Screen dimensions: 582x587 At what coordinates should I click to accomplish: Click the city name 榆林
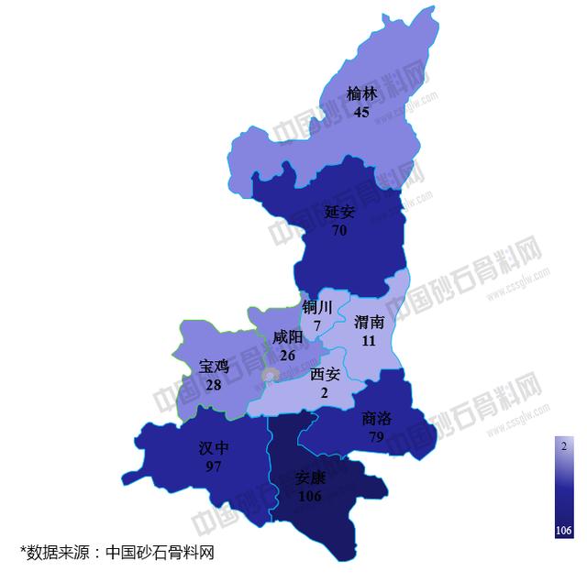(x=362, y=93)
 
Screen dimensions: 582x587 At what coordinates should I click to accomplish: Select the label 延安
(x=339, y=212)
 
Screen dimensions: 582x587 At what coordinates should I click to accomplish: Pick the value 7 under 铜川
(x=316, y=325)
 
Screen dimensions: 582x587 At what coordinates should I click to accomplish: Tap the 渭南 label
(x=369, y=322)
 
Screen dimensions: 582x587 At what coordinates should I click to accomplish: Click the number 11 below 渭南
(x=369, y=340)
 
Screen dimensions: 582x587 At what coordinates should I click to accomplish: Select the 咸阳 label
(x=288, y=337)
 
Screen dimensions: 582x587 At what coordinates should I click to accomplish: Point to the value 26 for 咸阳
(x=288, y=355)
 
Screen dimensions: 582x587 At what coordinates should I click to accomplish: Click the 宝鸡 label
(x=214, y=367)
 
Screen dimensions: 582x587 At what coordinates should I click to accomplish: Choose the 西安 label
(x=326, y=374)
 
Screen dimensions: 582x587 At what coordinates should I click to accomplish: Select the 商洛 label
(x=377, y=418)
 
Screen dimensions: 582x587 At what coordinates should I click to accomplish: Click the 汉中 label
(x=214, y=448)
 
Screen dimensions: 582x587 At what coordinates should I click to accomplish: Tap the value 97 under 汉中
(x=214, y=466)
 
